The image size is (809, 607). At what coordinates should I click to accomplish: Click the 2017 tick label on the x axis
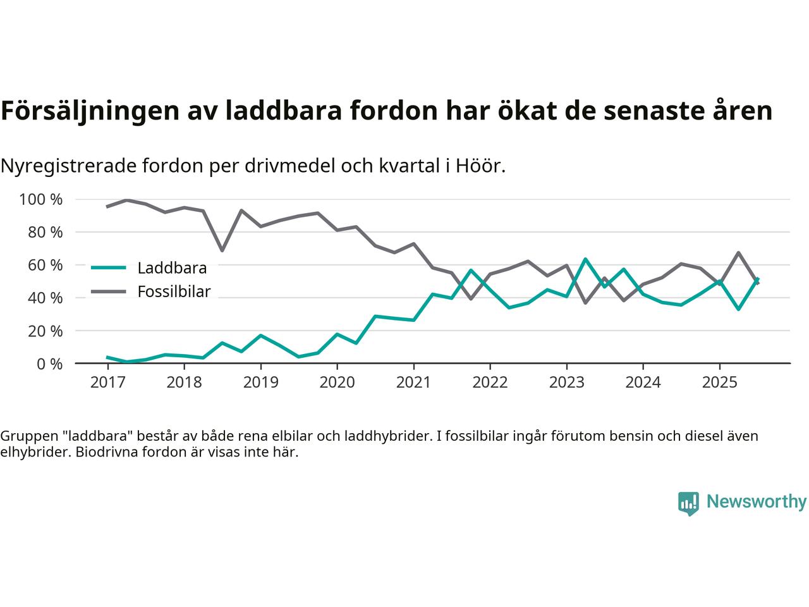(x=107, y=383)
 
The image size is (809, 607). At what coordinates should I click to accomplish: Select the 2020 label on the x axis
(x=337, y=383)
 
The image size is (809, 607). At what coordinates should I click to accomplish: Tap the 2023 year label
(x=566, y=383)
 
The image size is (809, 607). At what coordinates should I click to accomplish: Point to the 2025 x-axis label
(x=719, y=383)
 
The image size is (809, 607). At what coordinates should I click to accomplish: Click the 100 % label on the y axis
(x=41, y=200)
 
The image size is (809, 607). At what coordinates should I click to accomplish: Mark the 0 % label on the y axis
(x=49, y=364)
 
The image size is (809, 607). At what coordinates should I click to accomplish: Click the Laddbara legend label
(x=172, y=268)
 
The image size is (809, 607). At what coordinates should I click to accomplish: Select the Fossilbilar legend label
(x=174, y=292)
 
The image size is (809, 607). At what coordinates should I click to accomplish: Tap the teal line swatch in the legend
(x=110, y=267)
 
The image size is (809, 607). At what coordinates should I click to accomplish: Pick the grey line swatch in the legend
(x=110, y=291)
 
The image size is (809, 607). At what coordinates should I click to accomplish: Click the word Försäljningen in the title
(x=88, y=111)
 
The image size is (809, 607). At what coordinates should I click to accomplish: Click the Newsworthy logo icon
(x=688, y=503)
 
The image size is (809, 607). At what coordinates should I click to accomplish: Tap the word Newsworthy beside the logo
(x=756, y=502)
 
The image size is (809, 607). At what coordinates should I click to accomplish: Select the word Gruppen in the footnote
(x=25, y=436)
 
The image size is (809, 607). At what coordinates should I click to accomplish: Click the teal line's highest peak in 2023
(x=585, y=259)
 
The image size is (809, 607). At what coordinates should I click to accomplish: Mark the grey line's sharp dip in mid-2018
(x=222, y=250)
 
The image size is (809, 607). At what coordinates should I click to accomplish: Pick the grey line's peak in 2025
(x=738, y=253)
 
